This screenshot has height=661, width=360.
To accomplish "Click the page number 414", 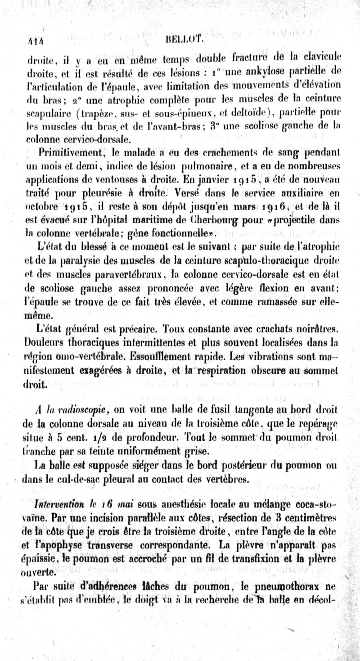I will [x=31, y=41].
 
